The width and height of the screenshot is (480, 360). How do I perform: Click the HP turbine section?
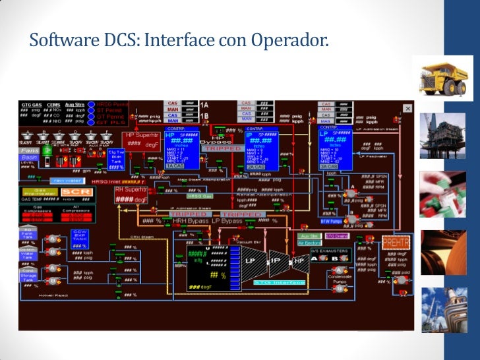(x=300, y=260)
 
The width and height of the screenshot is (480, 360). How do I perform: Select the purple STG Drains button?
(x=337, y=235)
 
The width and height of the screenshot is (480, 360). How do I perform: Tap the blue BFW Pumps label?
(x=330, y=222)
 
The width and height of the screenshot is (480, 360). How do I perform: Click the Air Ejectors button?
(x=310, y=243)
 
